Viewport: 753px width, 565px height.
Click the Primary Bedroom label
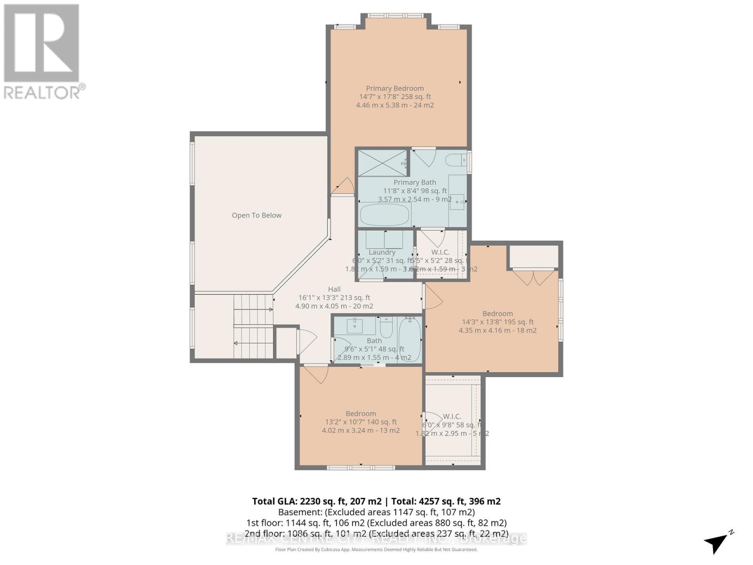click(x=395, y=89)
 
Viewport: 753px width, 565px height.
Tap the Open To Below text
click(x=256, y=215)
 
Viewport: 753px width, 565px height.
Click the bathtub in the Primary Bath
click(x=385, y=215)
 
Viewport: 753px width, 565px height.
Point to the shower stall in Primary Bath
click(x=382, y=163)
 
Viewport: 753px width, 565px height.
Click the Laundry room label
click(x=382, y=252)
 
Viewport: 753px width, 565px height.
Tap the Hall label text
click(x=334, y=289)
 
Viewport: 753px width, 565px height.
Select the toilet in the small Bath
click(x=386, y=328)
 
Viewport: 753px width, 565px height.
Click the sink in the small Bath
click(x=354, y=325)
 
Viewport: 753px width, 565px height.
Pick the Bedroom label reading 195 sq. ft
click(x=497, y=314)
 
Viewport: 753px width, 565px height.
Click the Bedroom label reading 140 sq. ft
click(x=360, y=413)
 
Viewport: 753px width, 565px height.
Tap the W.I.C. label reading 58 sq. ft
click(x=452, y=416)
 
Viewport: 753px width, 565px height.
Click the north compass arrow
click(x=717, y=543)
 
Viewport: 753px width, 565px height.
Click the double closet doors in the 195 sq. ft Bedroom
click(x=533, y=277)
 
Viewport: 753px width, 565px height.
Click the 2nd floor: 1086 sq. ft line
click(x=376, y=534)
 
